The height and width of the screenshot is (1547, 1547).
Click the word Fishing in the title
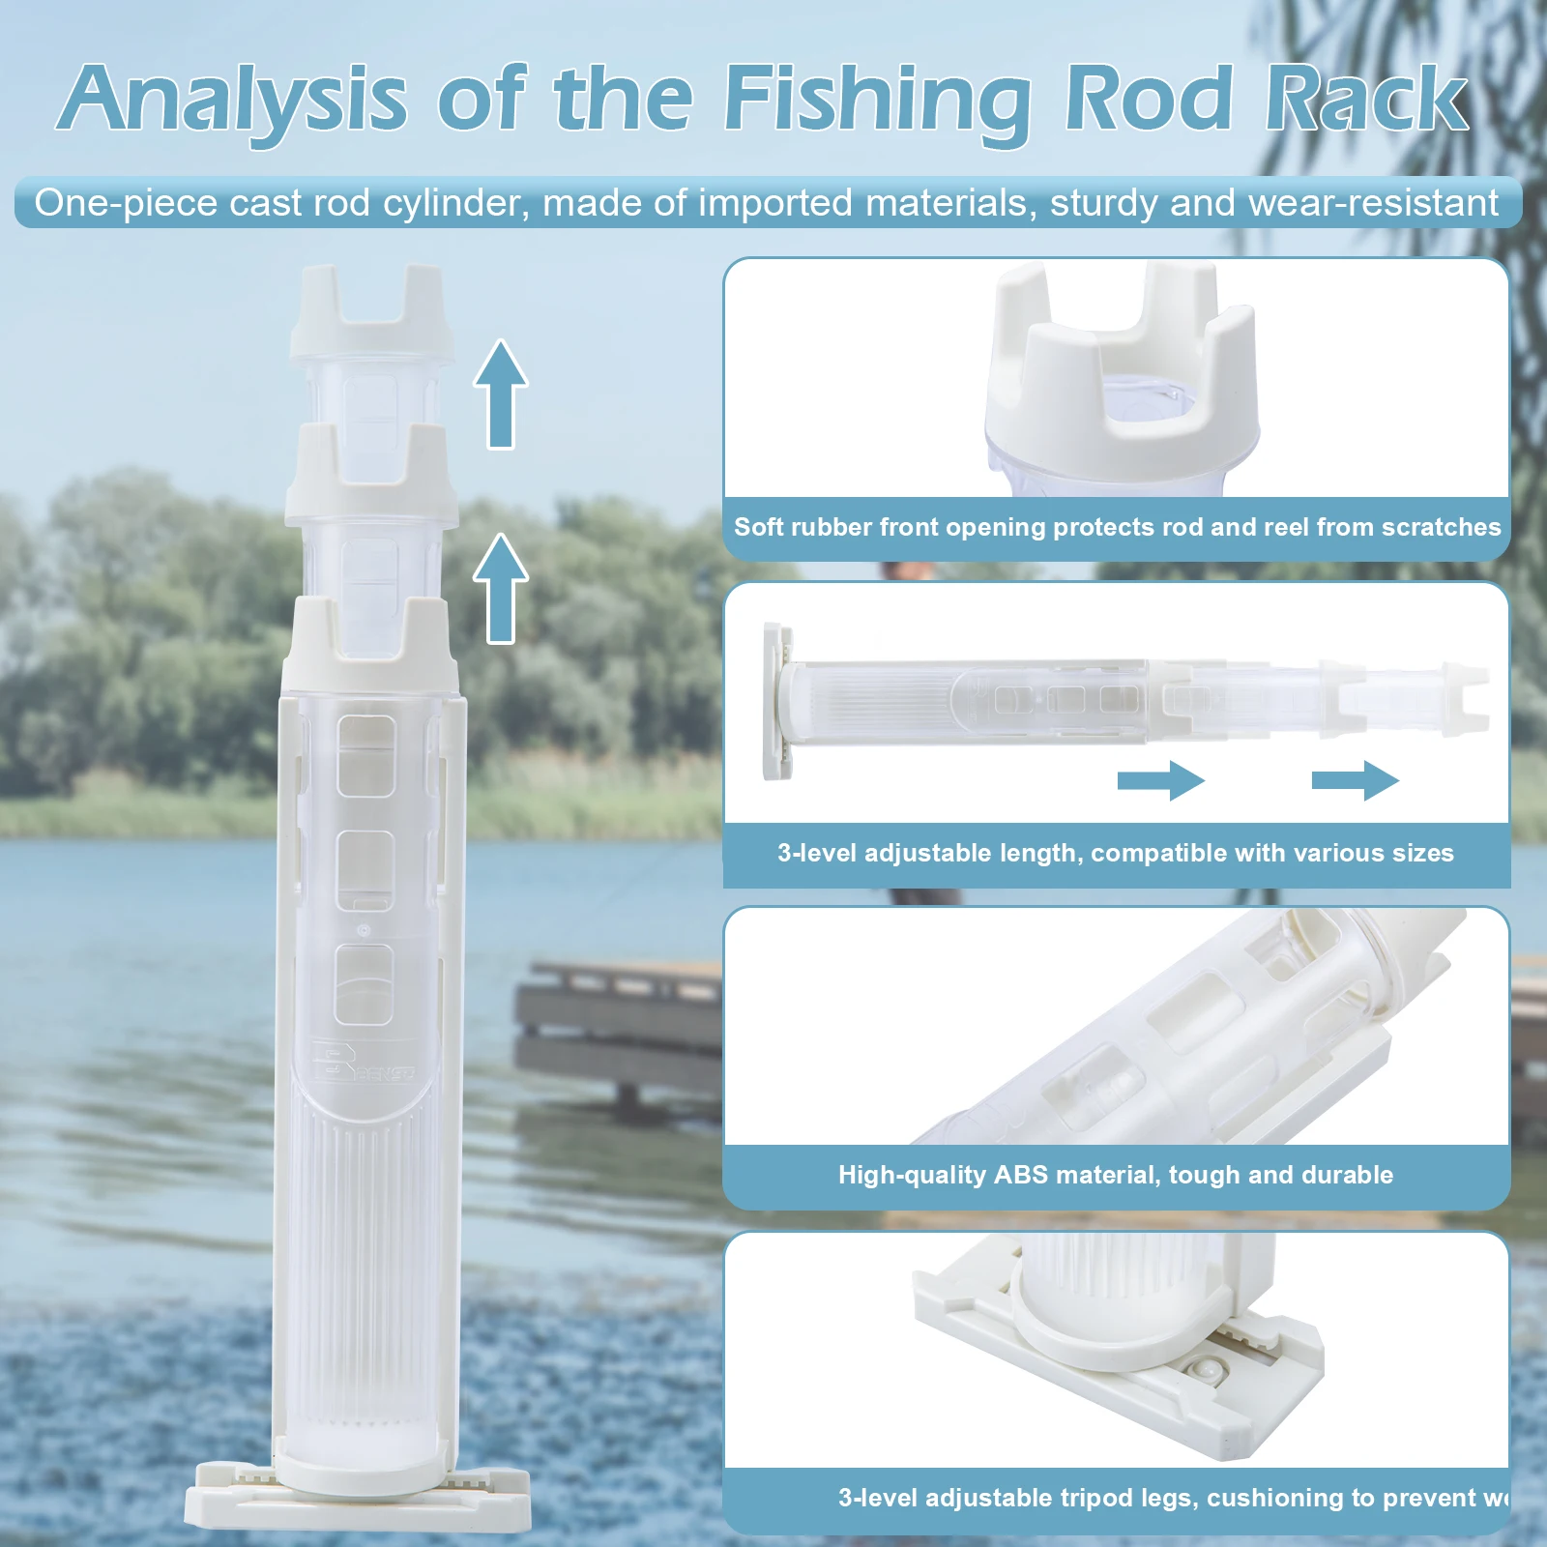click(x=878, y=101)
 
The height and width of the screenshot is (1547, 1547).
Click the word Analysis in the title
click(x=232, y=99)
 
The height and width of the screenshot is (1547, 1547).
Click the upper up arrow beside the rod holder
click(x=501, y=394)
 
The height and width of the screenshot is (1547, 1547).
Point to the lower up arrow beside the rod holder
click(x=501, y=589)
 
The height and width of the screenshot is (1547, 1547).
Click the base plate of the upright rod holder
click(x=358, y=1495)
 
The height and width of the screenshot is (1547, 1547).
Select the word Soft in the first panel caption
click(x=758, y=527)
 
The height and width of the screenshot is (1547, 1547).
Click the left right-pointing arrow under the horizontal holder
click(x=1160, y=780)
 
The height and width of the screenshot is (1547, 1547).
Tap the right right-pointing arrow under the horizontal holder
click(x=1355, y=780)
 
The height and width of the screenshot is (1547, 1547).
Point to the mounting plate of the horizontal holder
click(x=777, y=701)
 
